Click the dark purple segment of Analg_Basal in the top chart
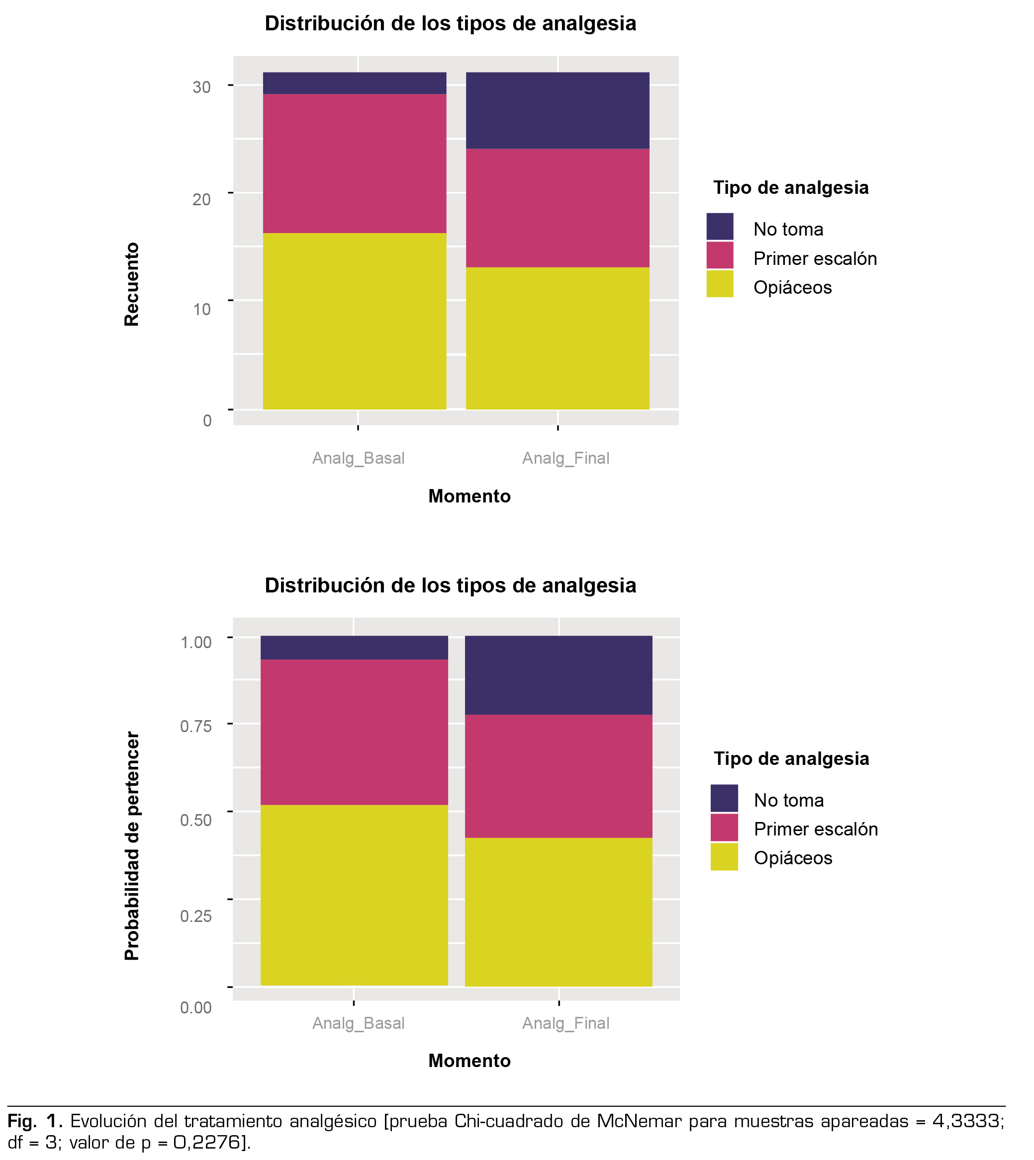click(354, 83)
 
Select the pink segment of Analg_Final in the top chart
click(558, 208)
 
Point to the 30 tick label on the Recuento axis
click(202, 87)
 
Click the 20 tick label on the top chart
click(202, 199)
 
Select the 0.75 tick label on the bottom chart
click(195, 726)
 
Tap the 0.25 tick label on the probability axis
click(195, 916)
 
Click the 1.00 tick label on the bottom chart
click(195, 642)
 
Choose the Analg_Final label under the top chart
click(565, 458)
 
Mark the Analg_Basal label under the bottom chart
click(359, 1023)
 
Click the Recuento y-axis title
click(132, 284)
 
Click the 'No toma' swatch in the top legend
click(720, 227)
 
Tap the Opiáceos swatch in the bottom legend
click(724, 857)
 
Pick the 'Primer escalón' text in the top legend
click(815, 259)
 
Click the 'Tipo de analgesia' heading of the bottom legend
click(791, 758)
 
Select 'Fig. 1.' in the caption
click(35, 1121)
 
